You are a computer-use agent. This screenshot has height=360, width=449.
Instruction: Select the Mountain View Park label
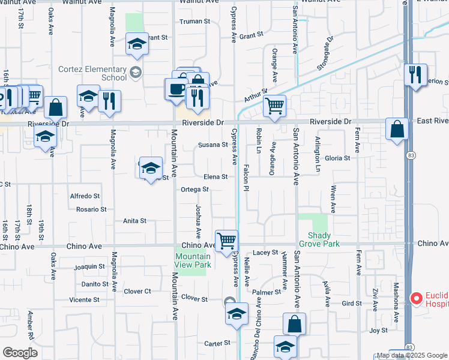click(193, 260)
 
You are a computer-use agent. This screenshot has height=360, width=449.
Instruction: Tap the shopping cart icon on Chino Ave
click(226, 241)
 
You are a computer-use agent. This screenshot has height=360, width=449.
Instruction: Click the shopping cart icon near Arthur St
click(274, 106)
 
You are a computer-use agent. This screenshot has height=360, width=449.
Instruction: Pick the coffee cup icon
click(176, 89)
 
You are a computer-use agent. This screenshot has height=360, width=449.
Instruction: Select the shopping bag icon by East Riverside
click(397, 128)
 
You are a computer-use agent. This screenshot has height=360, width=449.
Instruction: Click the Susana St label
click(213, 145)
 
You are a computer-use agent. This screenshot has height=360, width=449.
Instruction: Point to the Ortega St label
click(194, 190)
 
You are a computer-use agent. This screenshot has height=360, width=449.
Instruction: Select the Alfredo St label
click(85, 196)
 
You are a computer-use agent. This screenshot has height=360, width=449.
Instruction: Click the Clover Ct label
click(137, 292)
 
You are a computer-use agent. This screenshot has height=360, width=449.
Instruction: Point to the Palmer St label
click(267, 292)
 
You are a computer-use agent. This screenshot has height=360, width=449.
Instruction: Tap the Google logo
click(20, 353)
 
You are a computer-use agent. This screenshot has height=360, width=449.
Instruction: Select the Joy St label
click(378, 331)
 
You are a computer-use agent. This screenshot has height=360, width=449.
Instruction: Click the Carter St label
click(217, 343)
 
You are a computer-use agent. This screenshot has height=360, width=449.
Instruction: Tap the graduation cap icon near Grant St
click(137, 44)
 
